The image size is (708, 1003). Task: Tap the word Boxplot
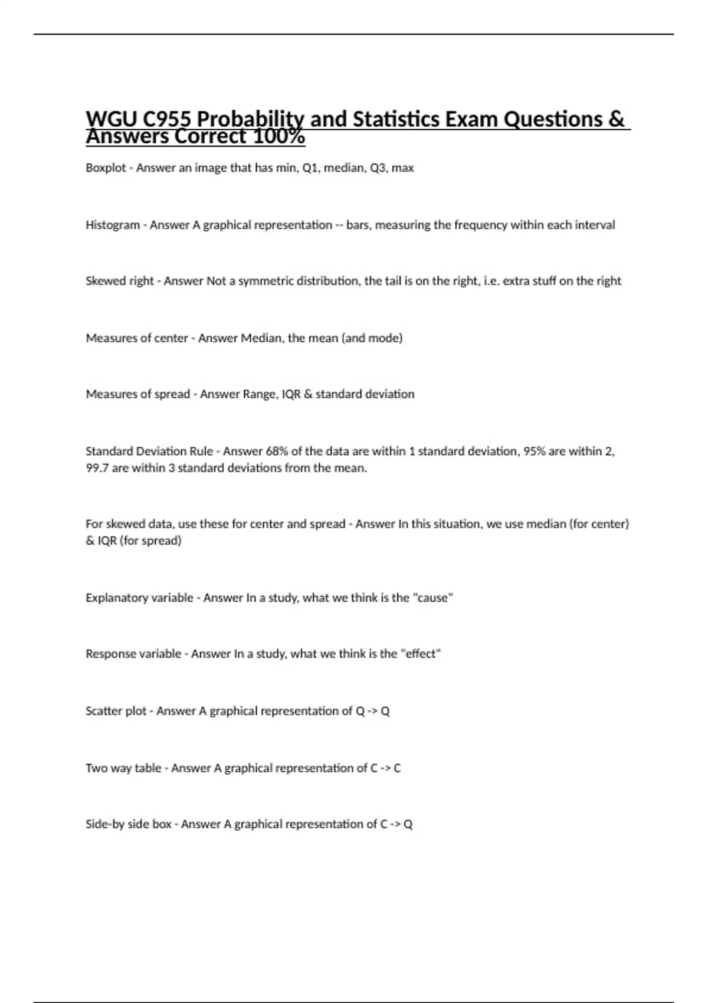106,168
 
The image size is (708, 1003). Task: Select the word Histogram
113,225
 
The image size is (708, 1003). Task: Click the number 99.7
97,468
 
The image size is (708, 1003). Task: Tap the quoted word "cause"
434,598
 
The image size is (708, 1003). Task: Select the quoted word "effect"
421,654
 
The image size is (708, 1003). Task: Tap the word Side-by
105,824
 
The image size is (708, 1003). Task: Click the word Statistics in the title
396,119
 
